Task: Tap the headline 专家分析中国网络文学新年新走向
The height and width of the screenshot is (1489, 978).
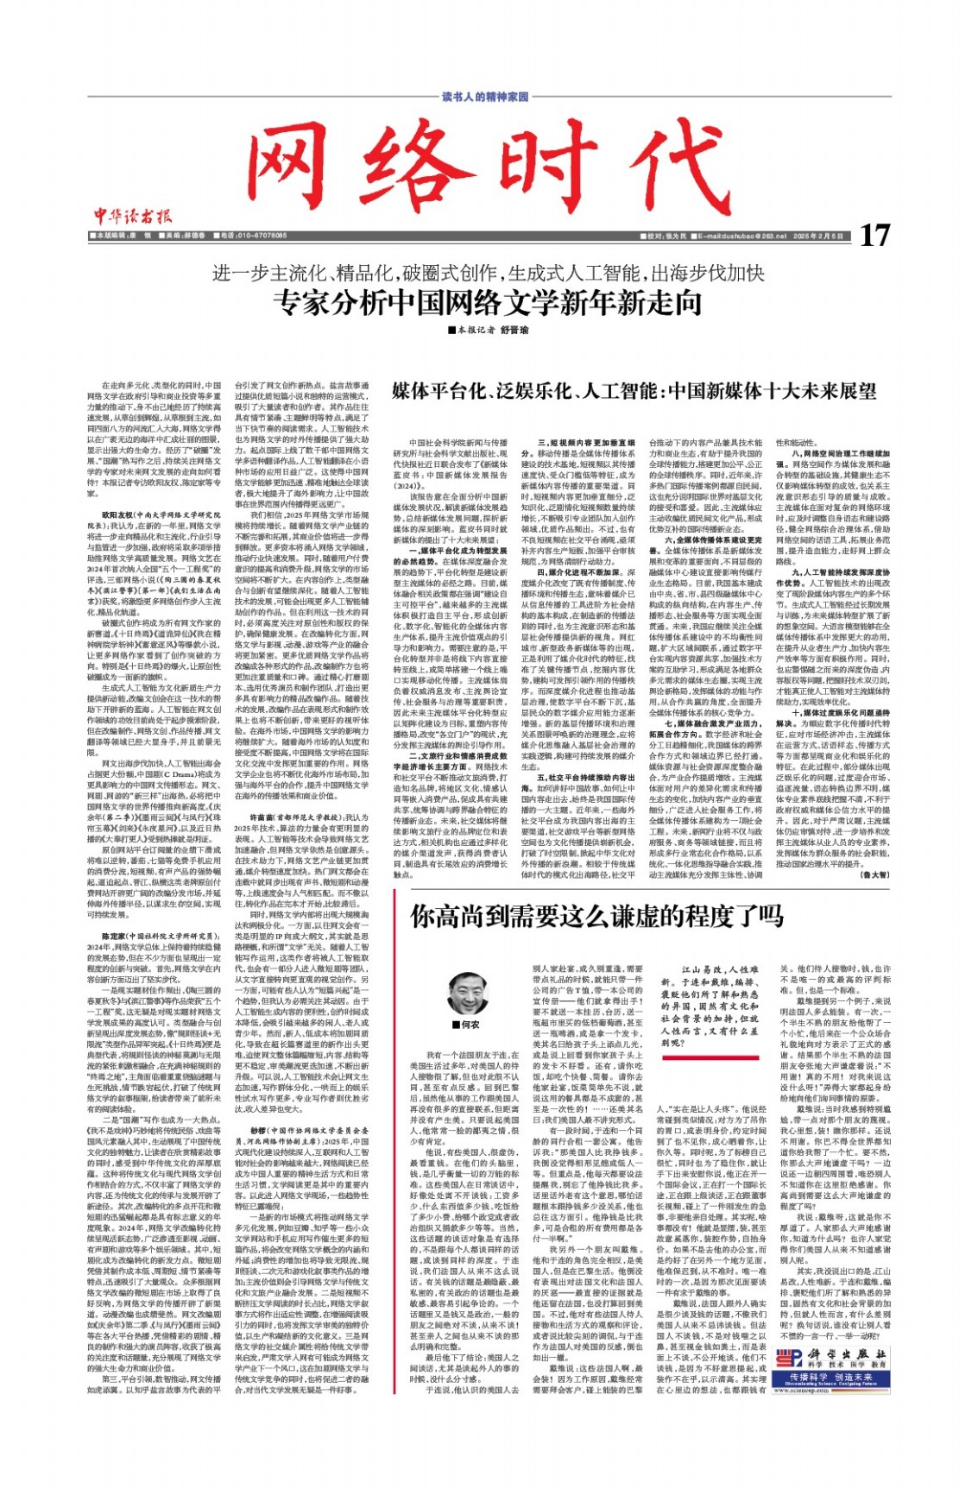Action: pos(488,302)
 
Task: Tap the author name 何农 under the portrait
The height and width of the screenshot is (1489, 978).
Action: pos(470,1025)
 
